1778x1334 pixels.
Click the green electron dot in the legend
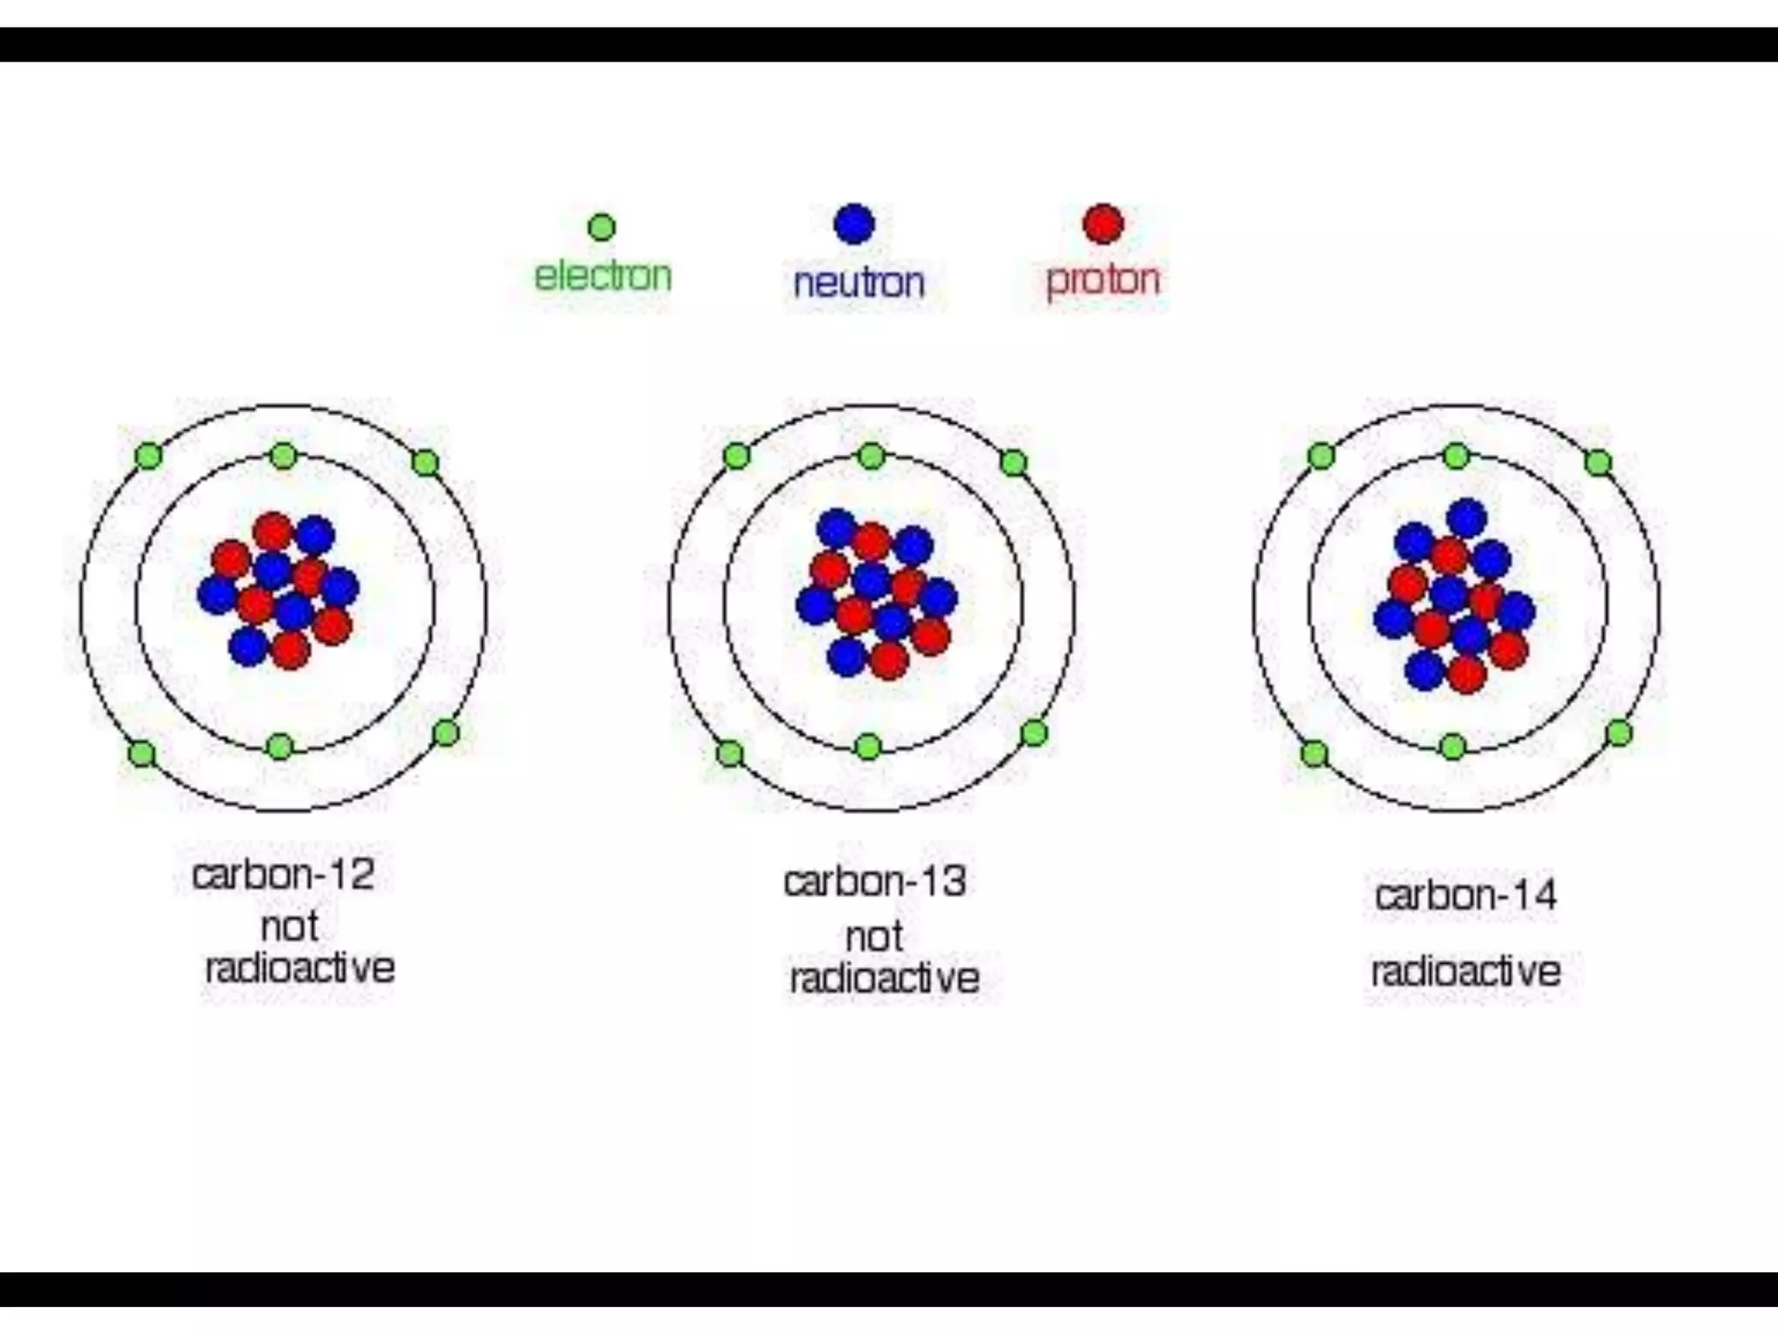tap(602, 228)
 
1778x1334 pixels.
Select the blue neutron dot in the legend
tap(854, 224)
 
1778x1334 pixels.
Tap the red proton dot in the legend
tap(1103, 224)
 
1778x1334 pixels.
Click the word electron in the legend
tap(603, 277)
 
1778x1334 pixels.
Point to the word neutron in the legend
tap(859, 283)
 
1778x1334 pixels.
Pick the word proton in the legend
tap(1103, 280)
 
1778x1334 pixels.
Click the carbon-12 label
tap(283, 875)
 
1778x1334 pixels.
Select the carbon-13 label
tap(874, 882)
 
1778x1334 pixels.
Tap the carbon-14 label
tap(1465, 895)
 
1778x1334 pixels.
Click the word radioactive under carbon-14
tap(1465, 972)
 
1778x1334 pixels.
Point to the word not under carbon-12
tap(289, 928)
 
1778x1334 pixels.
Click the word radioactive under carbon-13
tap(884, 979)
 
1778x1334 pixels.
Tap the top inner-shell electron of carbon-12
tap(284, 455)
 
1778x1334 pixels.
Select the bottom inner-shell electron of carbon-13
tap(868, 747)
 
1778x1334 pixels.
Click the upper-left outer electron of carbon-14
tap(1321, 455)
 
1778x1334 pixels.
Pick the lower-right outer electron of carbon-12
tap(446, 733)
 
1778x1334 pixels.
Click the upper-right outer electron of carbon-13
tap(1013, 462)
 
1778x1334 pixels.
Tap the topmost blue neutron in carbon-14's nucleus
tap(1467, 518)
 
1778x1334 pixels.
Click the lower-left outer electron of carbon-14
tap(1314, 753)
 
